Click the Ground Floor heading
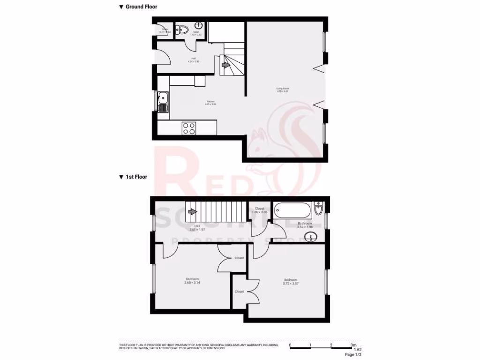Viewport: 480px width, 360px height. point(141,7)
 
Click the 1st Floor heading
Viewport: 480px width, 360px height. point(136,177)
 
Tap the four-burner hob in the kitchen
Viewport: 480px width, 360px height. point(189,128)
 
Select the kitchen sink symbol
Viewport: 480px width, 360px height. point(163,98)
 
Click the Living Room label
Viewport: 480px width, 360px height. point(282,90)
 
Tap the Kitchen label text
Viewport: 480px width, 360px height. point(210,103)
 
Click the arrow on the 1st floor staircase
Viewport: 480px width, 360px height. point(192,212)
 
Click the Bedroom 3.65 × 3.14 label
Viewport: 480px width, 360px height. point(191,281)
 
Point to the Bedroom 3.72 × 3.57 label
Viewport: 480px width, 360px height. point(291,282)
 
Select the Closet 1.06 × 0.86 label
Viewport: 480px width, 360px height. point(260,210)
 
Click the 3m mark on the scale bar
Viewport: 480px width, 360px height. point(352,345)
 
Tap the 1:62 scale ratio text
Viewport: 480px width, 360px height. point(357,350)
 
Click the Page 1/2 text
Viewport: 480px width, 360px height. point(353,355)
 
